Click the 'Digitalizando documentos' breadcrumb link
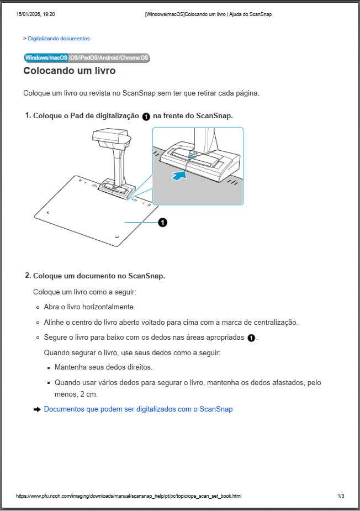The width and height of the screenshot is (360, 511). (59, 39)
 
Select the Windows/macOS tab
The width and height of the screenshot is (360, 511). (46, 58)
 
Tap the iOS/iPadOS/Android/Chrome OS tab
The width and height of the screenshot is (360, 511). (109, 58)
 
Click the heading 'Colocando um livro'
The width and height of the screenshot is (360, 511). (69, 71)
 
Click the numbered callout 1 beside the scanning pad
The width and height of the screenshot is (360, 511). (162, 222)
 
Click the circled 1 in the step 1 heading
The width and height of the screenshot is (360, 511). (146, 116)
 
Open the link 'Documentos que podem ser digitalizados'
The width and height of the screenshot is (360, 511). (138, 409)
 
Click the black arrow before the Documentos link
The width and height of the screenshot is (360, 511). (37, 409)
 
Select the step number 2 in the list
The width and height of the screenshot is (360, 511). (28, 275)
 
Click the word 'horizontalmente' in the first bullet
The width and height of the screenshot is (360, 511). (109, 307)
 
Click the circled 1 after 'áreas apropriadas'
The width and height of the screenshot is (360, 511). (251, 338)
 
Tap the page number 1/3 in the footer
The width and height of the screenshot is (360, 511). (341, 496)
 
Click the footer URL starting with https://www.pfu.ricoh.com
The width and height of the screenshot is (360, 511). (129, 496)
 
